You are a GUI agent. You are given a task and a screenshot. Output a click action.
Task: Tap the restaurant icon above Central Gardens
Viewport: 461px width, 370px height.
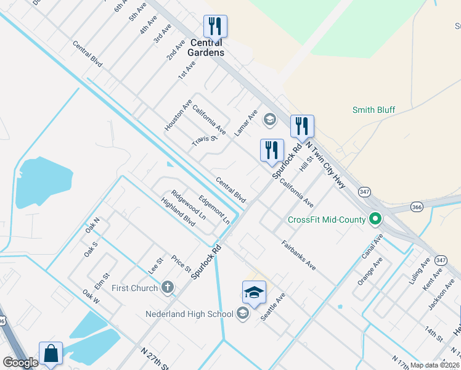coord(215,27)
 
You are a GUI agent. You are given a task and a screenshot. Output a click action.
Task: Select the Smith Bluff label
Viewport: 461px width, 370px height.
coord(373,110)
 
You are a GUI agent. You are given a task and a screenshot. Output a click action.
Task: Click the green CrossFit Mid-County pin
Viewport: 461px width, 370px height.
coord(374,219)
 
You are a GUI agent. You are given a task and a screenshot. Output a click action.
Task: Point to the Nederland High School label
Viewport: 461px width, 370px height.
coord(189,314)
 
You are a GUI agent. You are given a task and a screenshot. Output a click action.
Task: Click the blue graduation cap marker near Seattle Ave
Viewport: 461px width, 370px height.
coord(254,293)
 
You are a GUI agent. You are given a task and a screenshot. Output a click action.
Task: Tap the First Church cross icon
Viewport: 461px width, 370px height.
coord(167,287)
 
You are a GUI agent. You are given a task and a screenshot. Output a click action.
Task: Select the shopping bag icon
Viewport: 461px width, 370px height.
coord(51,355)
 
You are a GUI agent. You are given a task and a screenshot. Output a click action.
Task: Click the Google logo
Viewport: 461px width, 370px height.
coord(20,363)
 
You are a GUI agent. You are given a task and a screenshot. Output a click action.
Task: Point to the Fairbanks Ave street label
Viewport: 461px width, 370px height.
coord(299,255)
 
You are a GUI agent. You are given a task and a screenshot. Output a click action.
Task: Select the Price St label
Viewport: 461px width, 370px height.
coord(181,264)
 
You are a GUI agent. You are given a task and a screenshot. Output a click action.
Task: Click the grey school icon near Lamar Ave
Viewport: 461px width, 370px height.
coord(269,118)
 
